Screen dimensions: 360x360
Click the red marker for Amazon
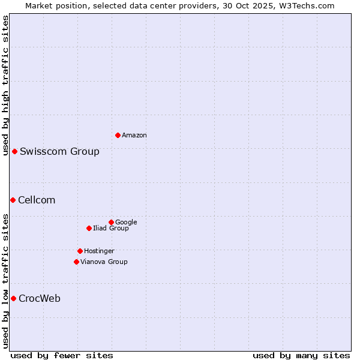[x=118, y=135]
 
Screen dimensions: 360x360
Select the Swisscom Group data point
[x=14, y=151]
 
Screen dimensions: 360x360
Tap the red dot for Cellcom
[x=13, y=200]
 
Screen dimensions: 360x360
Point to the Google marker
[x=111, y=222]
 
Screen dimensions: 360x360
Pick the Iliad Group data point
[x=89, y=228]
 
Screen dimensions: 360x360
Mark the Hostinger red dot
[x=80, y=251]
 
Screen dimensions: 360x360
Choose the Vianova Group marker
[x=76, y=262]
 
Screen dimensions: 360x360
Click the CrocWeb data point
[x=13, y=298]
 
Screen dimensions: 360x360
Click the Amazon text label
[x=134, y=136]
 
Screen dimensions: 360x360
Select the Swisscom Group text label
[x=59, y=151]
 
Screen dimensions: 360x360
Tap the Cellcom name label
[x=37, y=200]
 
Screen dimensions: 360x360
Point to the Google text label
[x=126, y=223]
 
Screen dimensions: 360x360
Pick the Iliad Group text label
[x=111, y=229]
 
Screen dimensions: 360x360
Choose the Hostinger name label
[x=99, y=251]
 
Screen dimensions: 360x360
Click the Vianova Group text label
[x=104, y=262]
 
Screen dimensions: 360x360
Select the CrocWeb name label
[x=40, y=299]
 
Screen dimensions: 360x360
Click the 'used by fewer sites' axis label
[x=62, y=355]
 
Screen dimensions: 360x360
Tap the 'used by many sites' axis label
[x=301, y=355]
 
